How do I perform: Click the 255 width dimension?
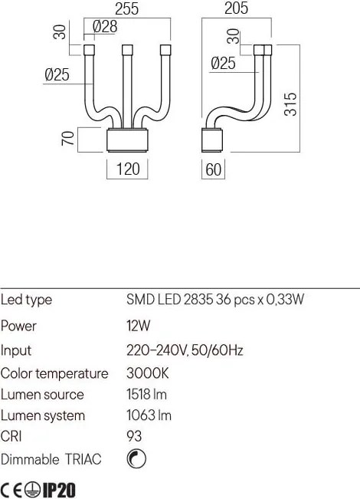tap(126, 8)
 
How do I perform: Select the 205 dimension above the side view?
tap(236, 8)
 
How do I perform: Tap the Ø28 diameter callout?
tap(105, 26)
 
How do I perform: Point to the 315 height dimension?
tap(290, 104)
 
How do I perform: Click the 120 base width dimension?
tap(128, 169)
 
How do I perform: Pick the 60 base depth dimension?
tap(214, 169)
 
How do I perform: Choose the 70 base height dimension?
tap(67, 139)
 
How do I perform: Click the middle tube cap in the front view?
tap(127, 50)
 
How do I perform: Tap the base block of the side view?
tap(212, 140)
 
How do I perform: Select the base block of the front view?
tap(127, 140)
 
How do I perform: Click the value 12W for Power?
tap(138, 326)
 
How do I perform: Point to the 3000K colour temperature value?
tap(148, 373)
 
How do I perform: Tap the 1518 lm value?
tap(146, 394)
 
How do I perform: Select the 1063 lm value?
tap(149, 415)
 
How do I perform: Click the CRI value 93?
tap(134, 436)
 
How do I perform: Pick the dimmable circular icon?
tap(136, 459)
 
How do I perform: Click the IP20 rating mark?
tap(59, 490)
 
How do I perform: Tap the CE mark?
tap(11, 490)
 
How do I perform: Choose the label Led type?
tap(26, 300)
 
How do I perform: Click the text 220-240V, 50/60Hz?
tap(185, 350)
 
